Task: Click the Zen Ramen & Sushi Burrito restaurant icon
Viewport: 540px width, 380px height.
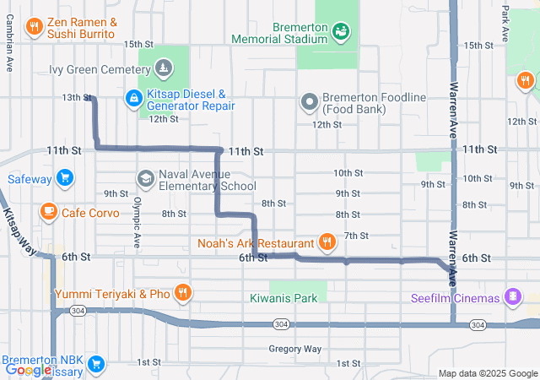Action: (x=35, y=27)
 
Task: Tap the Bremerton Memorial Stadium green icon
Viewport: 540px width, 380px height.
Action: (x=341, y=32)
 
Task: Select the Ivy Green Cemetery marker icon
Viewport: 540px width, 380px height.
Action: (x=163, y=67)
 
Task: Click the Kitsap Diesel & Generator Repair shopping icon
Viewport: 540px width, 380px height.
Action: (x=133, y=99)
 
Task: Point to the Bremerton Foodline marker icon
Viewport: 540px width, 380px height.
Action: (x=310, y=103)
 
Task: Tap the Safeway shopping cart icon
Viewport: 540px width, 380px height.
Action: (x=64, y=178)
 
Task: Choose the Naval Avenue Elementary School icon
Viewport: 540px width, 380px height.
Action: (x=145, y=179)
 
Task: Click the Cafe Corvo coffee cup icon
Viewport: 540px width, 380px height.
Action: (x=49, y=212)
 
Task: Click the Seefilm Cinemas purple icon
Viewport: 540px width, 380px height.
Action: (x=511, y=297)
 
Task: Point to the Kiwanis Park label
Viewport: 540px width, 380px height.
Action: (x=283, y=298)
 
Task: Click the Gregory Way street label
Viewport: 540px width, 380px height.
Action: (x=295, y=349)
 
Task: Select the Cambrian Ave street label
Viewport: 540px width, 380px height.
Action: (x=9, y=52)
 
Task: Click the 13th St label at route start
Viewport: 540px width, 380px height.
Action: (x=76, y=98)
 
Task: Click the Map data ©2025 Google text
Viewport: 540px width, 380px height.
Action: (x=488, y=373)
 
